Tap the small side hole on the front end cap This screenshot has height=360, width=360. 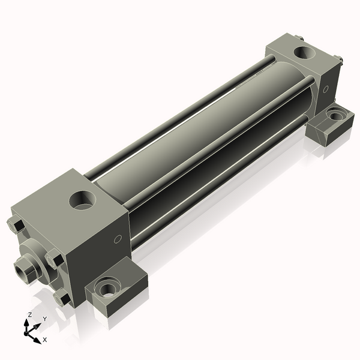118,239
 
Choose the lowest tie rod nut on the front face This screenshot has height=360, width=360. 62,297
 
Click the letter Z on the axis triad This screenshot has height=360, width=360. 30,314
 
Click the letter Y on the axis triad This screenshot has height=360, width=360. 44,319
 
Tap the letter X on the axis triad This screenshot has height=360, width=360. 45,340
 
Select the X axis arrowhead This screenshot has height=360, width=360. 38,337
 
